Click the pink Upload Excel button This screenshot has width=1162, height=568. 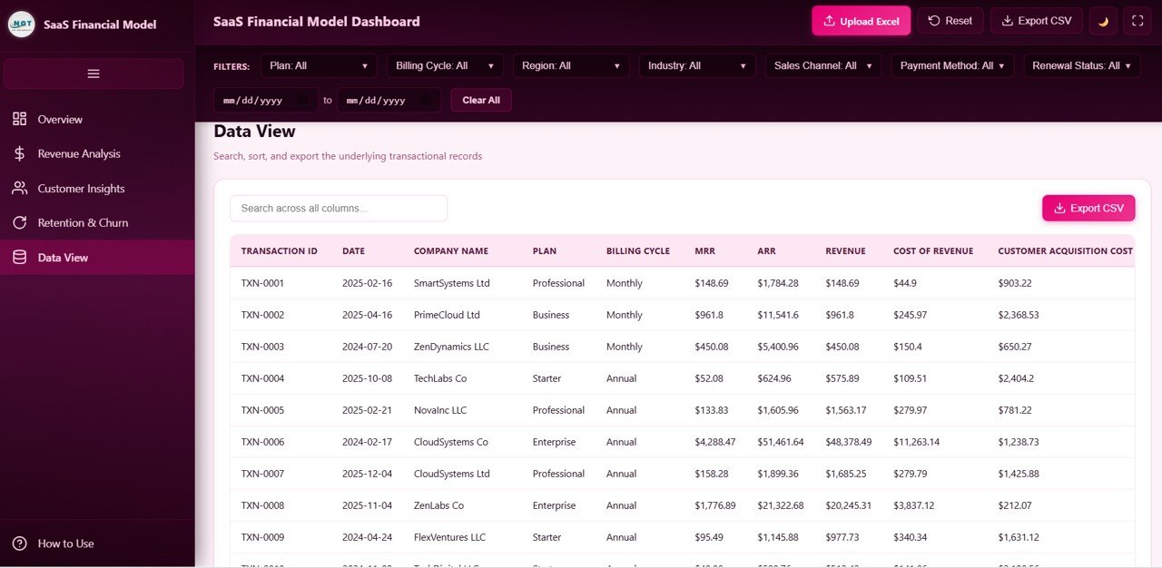click(x=861, y=21)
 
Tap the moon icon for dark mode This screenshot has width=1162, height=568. click(x=1103, y=21)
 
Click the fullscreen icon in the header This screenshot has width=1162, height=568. click(x=1137, y=21)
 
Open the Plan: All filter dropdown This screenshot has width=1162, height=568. click(x=319, y=65)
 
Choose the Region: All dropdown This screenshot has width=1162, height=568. click(x=571, y=65)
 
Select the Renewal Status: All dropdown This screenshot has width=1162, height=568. click(x=1082, y=65)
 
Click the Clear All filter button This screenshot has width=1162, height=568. click(x=481, y=100)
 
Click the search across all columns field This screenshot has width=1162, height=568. click(x=339, y=208)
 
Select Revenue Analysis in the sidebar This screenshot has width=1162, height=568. click(x=79, y=154)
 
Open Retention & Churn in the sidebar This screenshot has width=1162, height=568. click(x=83, y=223)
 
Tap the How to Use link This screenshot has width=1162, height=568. click(x=65, y=544)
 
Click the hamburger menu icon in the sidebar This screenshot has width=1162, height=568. click(x=94, y=73)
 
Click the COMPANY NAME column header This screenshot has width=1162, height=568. click(x=451, y=251)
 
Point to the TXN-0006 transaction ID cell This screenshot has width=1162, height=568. click(x=262, y=442)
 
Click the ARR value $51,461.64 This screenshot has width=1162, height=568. click(x=780, y=442)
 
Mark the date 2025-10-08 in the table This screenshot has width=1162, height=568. click(x=367, y=378)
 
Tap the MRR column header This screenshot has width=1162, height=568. click(x=704, y=251)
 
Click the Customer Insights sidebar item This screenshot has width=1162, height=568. click(x=81, y=189)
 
